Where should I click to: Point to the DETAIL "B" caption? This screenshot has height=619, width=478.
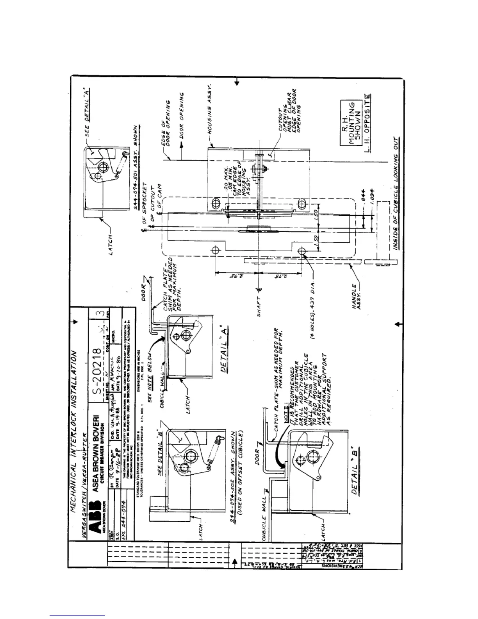(354, 471)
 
